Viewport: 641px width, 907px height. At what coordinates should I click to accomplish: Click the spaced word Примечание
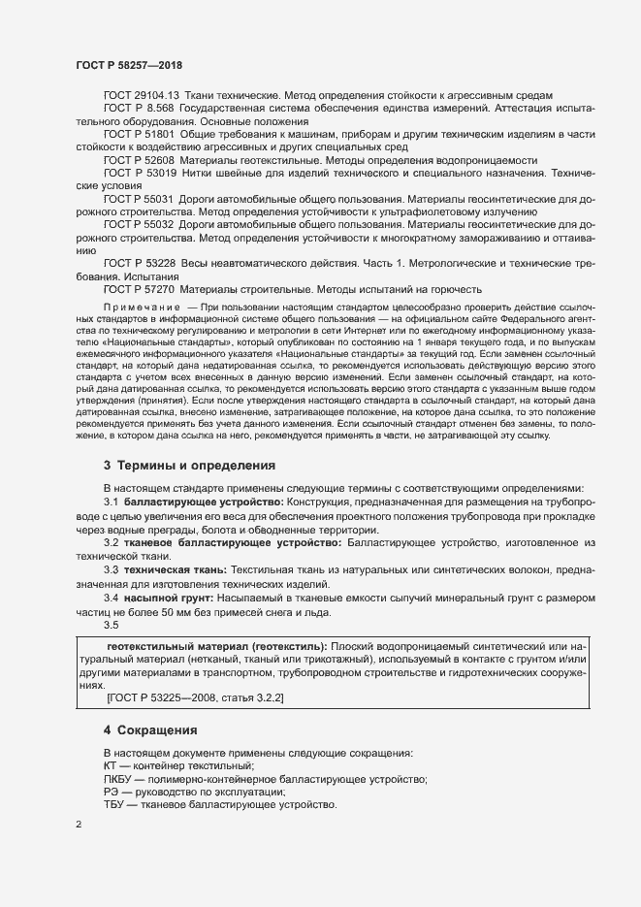coord(142,308)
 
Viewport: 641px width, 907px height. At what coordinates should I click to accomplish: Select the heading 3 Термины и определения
coord(189,466)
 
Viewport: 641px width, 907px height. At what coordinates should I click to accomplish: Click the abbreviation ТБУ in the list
coord(114,805)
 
